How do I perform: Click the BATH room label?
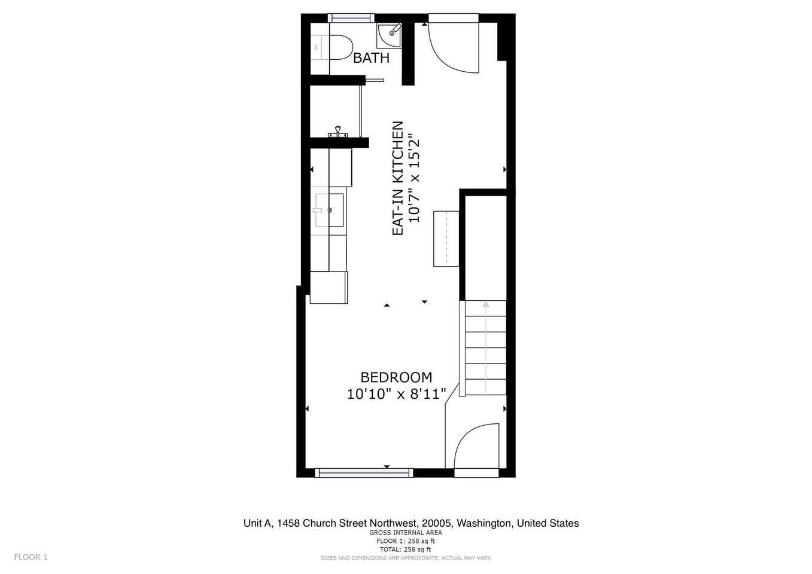point(371,58)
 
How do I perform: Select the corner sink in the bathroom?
point(389,35)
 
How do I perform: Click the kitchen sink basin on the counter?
point(329,210)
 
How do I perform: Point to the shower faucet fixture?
point(337,132)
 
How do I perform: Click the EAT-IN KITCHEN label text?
point(398,178)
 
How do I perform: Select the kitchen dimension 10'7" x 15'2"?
point(414,178)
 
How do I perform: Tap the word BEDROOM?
point(396,377)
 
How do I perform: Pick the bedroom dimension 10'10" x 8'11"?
point(396,394)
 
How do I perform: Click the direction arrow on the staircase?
point(486,347)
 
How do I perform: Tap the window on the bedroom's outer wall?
point(364,472)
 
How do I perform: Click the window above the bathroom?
point(351,18)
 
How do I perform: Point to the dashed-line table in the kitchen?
point(446,239)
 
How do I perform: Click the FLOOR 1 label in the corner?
point(31,557)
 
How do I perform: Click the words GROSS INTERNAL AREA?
point(406,532)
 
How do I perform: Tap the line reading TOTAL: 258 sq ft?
point(406,549)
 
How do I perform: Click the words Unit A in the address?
point(257,523)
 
